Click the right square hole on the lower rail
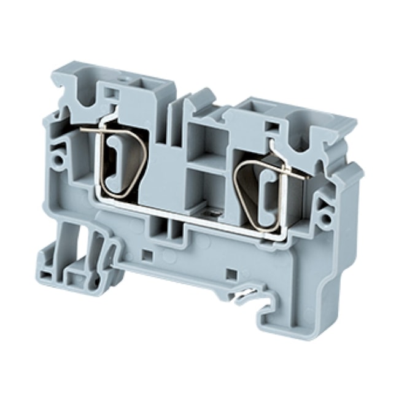coord(231,273)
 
